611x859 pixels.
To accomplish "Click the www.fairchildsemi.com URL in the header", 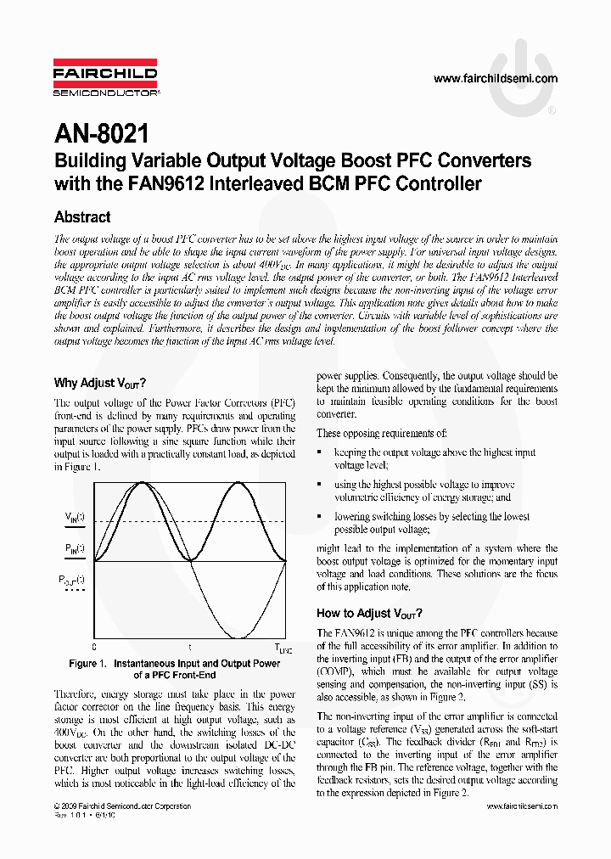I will point(496,79).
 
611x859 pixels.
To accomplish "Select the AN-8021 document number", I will point(101,133).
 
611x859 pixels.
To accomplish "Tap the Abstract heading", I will point(82,217).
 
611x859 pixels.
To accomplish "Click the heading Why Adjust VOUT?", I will point(100,383).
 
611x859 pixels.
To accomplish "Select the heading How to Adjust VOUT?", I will point(369,613).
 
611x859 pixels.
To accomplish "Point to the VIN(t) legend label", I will point(75,517).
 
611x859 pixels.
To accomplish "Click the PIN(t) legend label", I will point(75,549).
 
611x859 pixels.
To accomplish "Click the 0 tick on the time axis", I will point(94,647).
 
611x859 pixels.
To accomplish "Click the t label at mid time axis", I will point(189,647).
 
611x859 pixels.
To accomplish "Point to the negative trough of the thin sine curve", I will point(239,637).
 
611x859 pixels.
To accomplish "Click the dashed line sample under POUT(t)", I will point(75,589).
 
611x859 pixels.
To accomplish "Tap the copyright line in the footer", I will point(122,806).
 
